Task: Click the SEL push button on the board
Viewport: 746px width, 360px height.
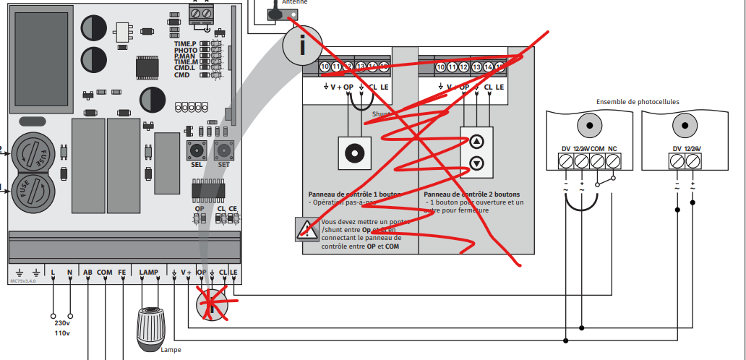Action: [x=195, y=150]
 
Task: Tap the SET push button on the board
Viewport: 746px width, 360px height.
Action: [x=223, y=150]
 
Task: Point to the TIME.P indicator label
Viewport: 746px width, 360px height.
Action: [x=185, y=44]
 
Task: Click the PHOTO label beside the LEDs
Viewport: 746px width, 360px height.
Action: [x=186, y=51]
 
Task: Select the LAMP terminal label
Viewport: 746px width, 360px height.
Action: [x=148, y=272]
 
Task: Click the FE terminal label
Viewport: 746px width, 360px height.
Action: [x=122, y=272]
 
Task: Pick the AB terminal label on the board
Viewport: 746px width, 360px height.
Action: [x=87, y=272]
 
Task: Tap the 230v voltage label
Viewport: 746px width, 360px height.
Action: [x=61, y=323]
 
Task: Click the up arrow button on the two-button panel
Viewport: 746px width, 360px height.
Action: [x=476, y=142]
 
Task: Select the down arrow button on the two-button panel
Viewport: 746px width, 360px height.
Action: [x=476, y=163]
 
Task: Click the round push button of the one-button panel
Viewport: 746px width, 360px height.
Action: [x=353, y=154]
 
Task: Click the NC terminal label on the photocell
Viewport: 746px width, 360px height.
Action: [x=612, y=149]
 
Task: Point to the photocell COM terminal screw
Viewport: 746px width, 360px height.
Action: [x=597, y=161]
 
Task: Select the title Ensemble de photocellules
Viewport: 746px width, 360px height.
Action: [x=637, y=103]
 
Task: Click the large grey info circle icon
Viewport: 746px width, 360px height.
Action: [x=303, y=46]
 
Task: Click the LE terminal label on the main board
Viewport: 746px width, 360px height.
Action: [x=233, y=272]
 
